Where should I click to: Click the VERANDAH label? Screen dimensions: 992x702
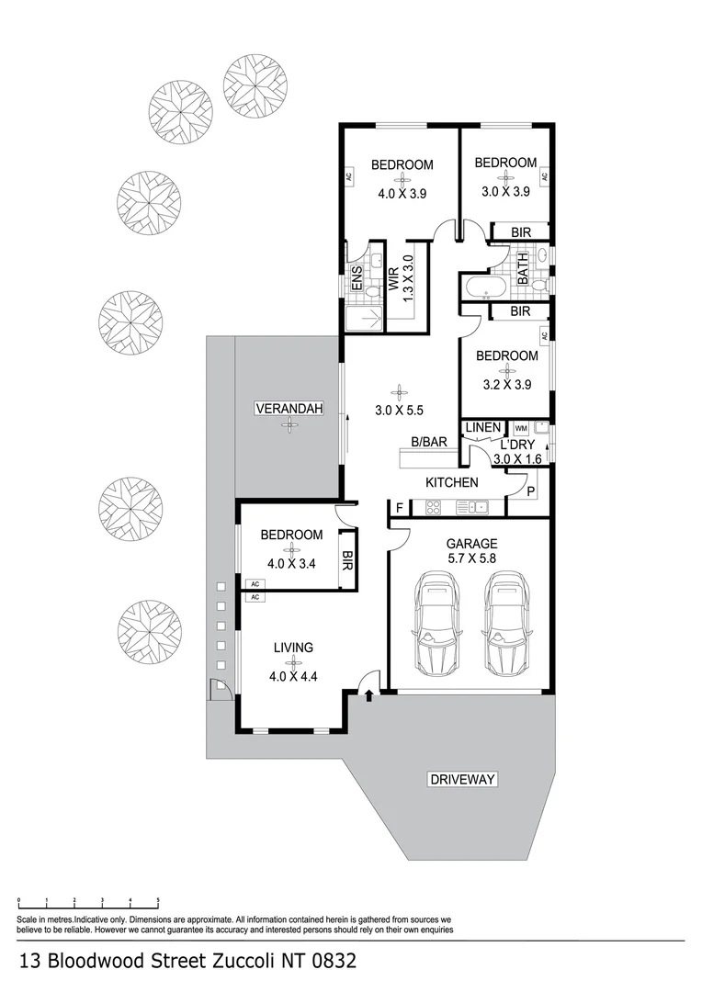click(289, 409)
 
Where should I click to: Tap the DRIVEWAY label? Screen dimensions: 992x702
click(462, 780)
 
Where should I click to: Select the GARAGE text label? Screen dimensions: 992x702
click(471, 543)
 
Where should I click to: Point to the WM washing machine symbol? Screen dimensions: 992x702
click(521, 428)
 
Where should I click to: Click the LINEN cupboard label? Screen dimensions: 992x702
click(483, 428)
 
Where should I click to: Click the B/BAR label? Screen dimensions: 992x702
click(428, 442)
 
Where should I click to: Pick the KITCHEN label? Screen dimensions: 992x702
click(451, 482)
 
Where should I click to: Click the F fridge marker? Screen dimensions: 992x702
click(400, 507)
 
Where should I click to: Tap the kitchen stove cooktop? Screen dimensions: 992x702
click(435, 506)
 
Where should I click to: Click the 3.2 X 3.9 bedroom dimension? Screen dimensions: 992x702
click(506, 385)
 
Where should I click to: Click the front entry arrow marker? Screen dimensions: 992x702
click(368, 698)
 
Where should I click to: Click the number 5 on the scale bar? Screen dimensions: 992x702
click(158, 901)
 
